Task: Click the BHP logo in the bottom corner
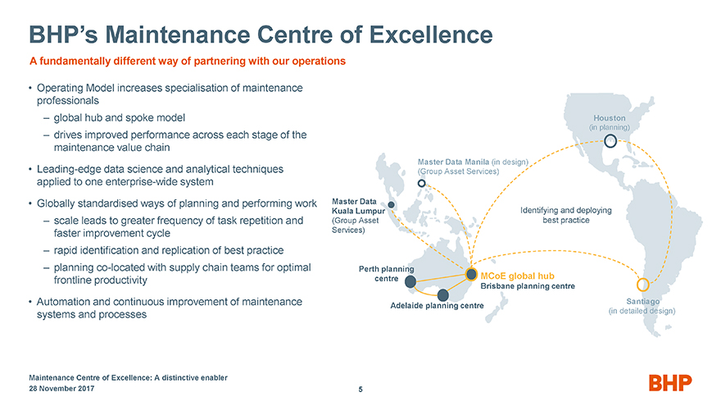click(670, 382)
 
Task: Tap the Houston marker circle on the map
click(610, 140)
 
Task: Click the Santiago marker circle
click(643, 285)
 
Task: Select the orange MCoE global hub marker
click(471, 274)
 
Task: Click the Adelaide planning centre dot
click(443, 294)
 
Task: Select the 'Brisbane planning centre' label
click(528, 286)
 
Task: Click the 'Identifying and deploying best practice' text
click(566, 215)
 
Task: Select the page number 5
click(360, 390)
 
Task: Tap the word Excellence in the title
click(429, 35)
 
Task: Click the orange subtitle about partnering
click(188, 61)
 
